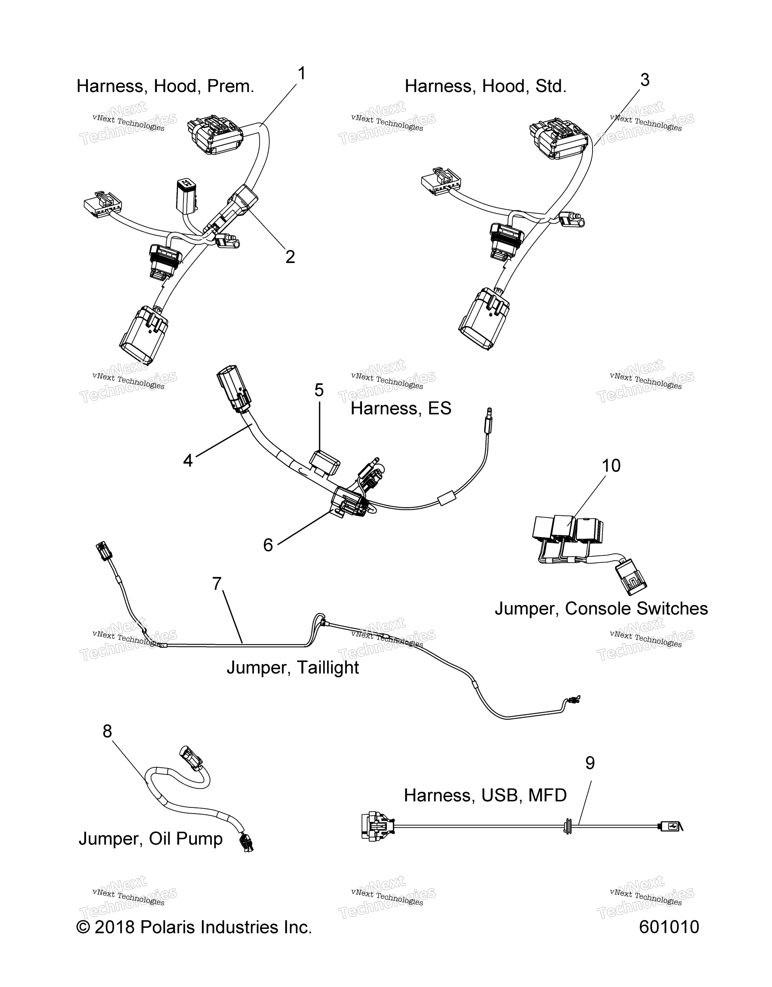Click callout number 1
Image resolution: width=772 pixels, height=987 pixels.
[302, 74]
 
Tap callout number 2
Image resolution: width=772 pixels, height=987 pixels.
[290, 257]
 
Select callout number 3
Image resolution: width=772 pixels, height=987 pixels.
[645, 80]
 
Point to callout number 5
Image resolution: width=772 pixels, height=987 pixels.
[319, 390]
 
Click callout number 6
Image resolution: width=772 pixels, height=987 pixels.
[268, 545]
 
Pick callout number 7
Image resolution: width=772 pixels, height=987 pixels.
[217, 584]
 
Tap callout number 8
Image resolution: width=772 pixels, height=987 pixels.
[107, 731]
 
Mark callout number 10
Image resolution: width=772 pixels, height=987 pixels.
[611, 466]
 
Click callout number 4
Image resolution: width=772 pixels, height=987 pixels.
[188, 460]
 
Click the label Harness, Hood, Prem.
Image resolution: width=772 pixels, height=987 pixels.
[166, 86]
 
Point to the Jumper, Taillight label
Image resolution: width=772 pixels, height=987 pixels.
[293, 667]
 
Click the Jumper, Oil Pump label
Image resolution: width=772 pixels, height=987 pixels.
[151, 838]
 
